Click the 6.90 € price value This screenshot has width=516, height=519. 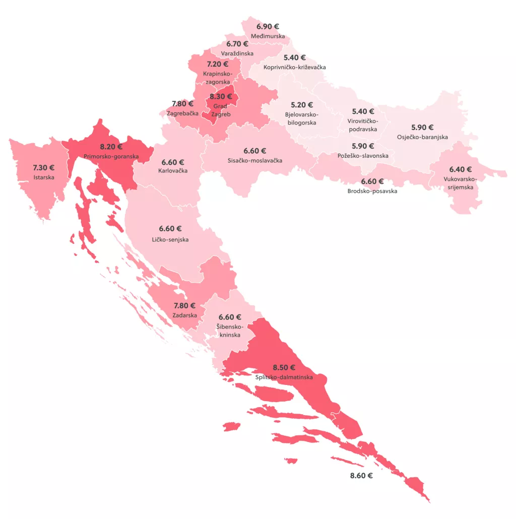[268, 27]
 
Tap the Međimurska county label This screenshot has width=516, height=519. [268, 36]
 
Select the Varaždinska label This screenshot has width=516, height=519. [237, 53]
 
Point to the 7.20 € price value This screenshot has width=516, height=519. [217, 64]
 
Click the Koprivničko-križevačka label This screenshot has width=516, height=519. [295, 67]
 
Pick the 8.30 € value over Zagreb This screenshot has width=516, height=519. [221, 96]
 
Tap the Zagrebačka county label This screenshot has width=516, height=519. [182, 113]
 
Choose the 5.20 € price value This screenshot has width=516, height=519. [302, 105]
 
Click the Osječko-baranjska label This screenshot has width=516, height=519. [422, 137]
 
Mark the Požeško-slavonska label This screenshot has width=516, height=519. [363, 156]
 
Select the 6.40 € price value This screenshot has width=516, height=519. [461, 169]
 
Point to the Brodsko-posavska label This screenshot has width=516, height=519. [372, 191]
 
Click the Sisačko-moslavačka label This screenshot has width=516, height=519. [254, 161]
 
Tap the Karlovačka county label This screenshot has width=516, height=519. [173, 171]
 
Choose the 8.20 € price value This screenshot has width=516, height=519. [111, 147]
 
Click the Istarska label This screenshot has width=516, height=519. [44, 177]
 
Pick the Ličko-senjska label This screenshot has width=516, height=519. [170, 239]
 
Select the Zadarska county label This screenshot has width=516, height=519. [184, 315]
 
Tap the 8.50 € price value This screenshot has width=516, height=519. [284, 367]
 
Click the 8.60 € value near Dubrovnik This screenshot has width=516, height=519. [361, 475]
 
